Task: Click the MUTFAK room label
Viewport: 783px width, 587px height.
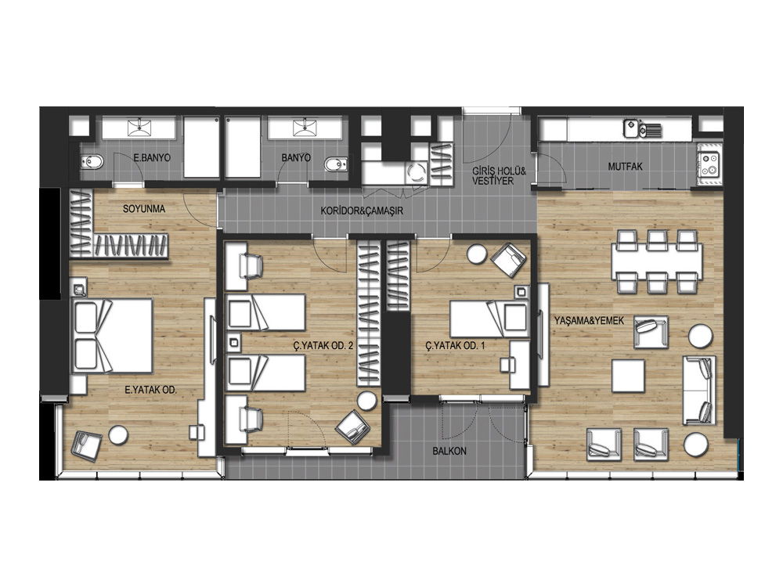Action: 625,167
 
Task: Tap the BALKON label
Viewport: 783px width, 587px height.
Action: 449,451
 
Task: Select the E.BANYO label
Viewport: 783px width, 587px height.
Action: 152,158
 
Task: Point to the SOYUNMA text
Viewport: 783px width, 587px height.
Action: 144,209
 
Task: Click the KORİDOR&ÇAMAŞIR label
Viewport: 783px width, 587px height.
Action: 362,211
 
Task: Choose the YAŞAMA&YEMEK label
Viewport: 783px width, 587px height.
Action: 589,320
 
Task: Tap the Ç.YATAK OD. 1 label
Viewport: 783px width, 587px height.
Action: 455,345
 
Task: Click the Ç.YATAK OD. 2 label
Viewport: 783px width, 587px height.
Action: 323,345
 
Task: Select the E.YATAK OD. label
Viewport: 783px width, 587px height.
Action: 151,390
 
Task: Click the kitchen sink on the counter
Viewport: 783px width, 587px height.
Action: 642,129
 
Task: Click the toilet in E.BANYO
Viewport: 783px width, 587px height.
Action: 92,162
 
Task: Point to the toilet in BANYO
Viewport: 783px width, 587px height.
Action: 336,164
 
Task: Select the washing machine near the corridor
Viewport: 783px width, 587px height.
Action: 416,173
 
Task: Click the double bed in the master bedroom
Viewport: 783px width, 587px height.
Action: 112,336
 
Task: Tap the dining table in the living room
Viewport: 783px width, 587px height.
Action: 657,261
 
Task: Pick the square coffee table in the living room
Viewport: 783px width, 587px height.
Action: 628,376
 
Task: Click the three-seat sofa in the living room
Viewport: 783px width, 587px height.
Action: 699,391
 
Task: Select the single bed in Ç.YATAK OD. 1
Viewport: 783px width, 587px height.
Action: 489,318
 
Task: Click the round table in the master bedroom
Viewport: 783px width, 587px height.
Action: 118,434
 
